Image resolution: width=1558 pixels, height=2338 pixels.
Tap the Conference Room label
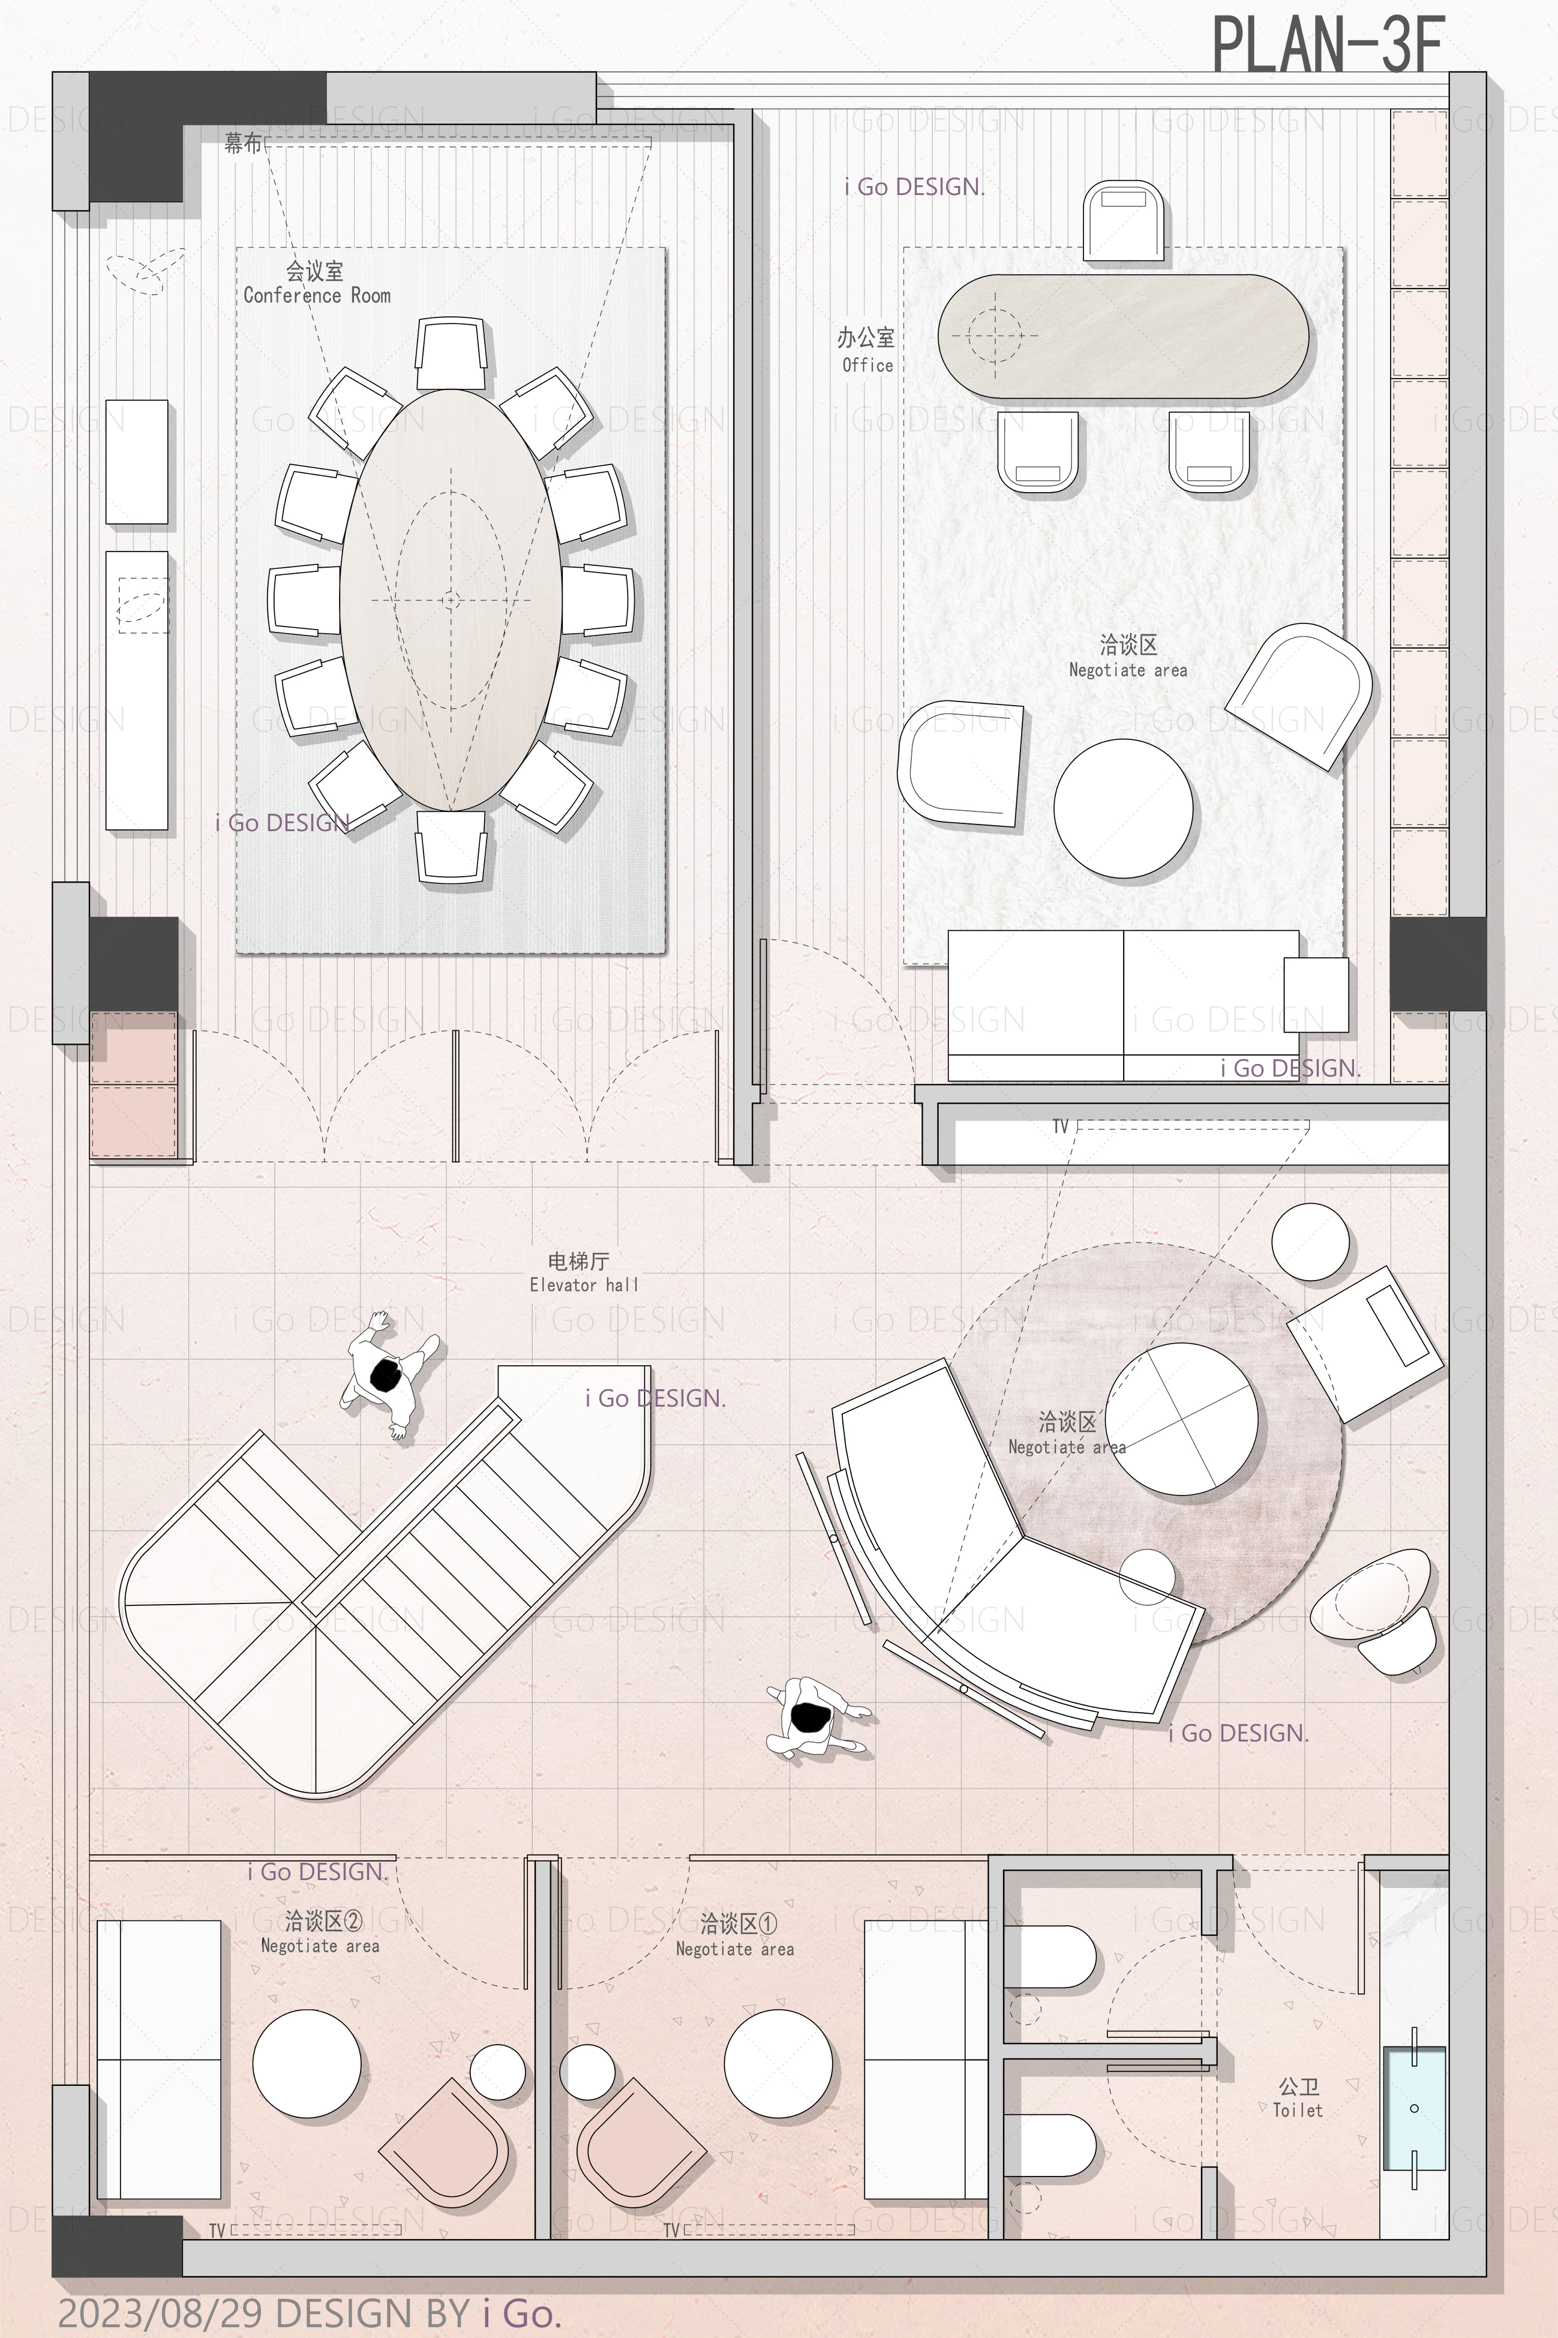317,295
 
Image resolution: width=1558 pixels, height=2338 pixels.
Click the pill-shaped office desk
1124,337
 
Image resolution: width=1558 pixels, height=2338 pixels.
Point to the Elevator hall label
584,1285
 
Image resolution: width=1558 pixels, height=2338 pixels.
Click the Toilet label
1298,2109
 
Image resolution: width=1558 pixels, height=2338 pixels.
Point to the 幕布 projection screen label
242,144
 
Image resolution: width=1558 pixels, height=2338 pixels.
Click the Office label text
867,365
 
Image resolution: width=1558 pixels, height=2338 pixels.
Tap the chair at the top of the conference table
452,353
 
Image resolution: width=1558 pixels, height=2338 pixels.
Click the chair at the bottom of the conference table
452,846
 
